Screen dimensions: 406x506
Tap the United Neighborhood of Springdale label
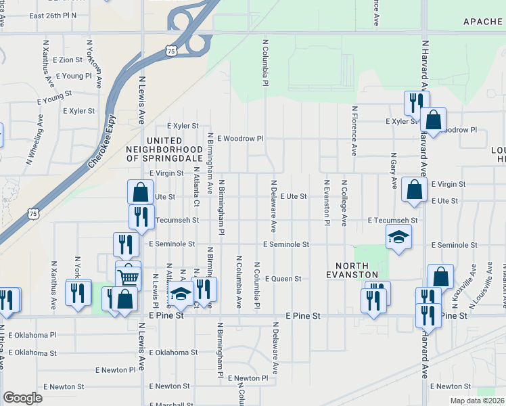pyautogui.click(x=165, y=153)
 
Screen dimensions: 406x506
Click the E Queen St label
pyautogui.click(x=282, y=278)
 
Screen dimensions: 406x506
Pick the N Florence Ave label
pyautogui.click(x=354, y=131)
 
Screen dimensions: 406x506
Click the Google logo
pyautogui.click(x=22, y=398)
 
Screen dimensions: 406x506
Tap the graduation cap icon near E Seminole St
pyautogui.click(x=398, y=237)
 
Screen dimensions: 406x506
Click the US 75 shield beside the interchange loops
pyautogui.click(x=171, y=51)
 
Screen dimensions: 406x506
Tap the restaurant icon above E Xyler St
pyautogui.click(x=414, y=101)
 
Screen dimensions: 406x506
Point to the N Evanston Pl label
pyautogui.click(x=326, y=203)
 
